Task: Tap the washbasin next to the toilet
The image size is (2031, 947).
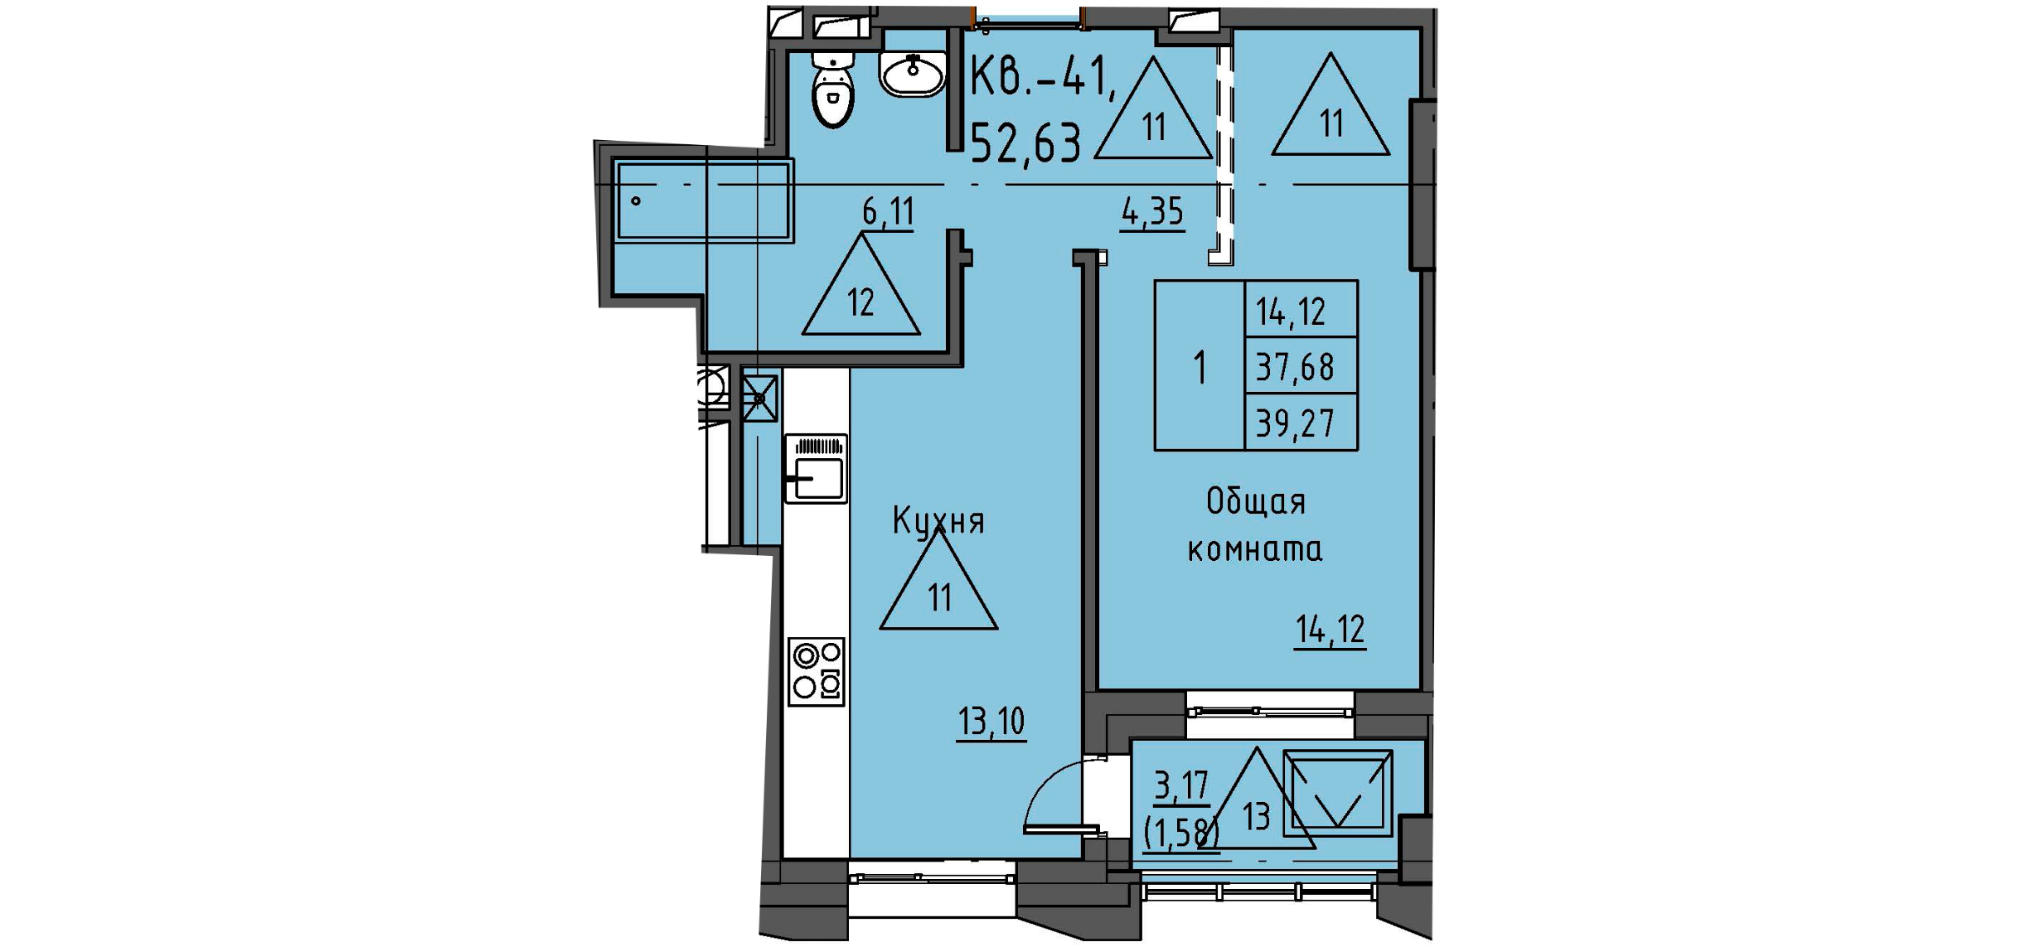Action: click(x=912, y=73)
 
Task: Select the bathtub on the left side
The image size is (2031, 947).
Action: click(x=703, y=201)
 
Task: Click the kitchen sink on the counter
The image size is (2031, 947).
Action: click(x=817, y=470)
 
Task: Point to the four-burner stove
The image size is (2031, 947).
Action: click(x=817, y=671)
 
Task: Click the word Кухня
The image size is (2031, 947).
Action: click(x=938, y=521)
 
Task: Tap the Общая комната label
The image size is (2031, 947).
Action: click(x=1255, y=525)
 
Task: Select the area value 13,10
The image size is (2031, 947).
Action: click(x=991, y=722)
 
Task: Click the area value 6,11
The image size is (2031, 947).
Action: click(x=888, y=213)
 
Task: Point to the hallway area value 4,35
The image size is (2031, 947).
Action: click(x=1152, y=213)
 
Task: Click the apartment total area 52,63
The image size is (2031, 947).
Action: click(x=1025, y=143)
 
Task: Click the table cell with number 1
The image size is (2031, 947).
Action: click(x=1200, y=366)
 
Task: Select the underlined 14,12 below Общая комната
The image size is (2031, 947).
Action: click(x=1330, y=631)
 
